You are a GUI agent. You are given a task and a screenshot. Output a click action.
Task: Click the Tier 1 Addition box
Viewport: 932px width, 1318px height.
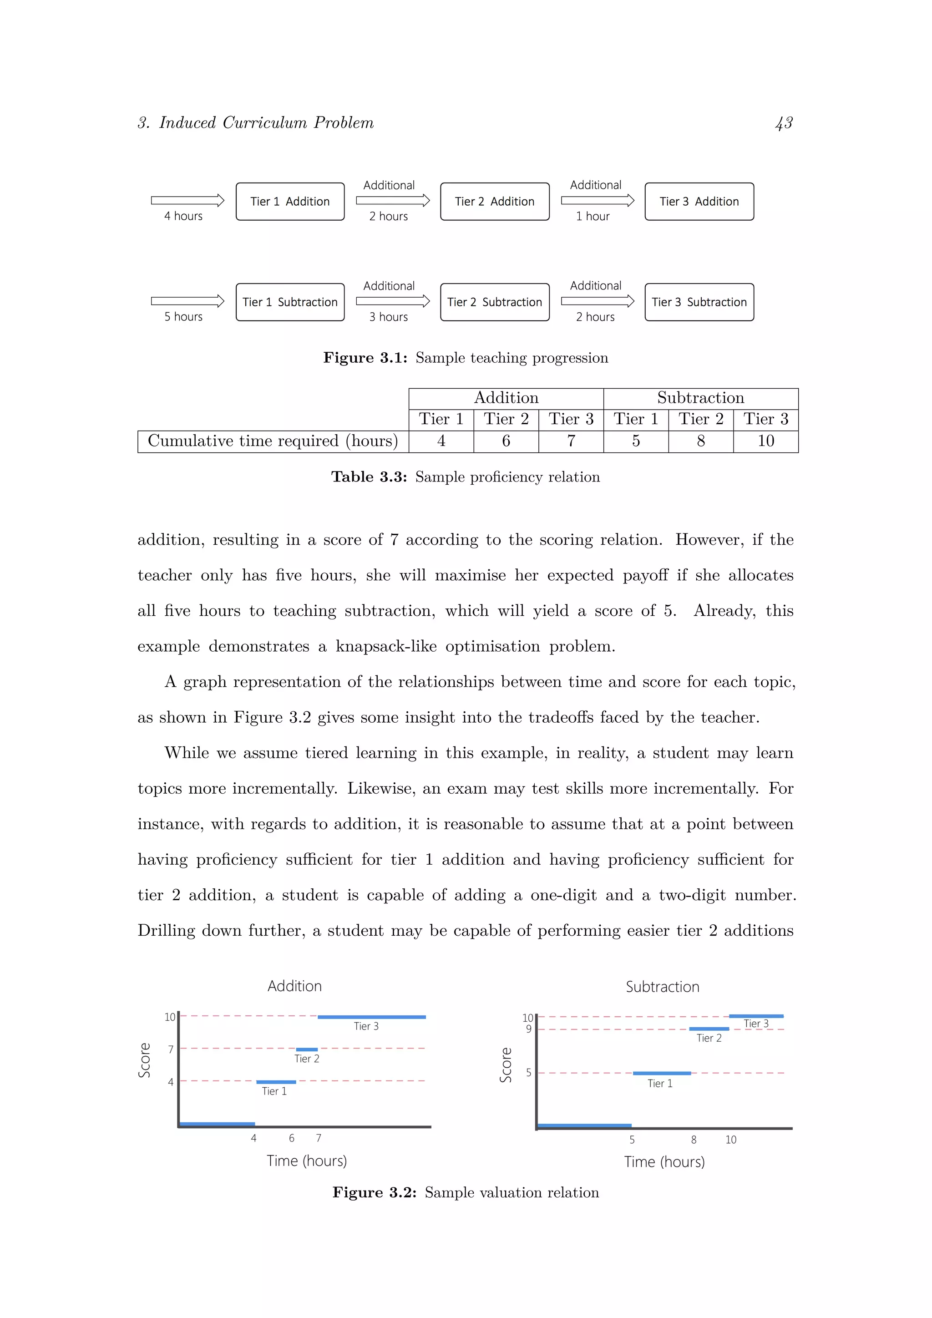290,202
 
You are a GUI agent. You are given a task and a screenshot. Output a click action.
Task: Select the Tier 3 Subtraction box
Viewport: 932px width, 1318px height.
699,302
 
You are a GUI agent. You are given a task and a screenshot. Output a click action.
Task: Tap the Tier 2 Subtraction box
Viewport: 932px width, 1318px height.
494,302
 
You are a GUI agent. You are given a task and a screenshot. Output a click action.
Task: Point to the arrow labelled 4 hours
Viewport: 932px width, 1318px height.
187,200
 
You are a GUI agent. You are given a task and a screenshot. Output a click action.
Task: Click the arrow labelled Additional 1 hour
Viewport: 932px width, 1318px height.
597,200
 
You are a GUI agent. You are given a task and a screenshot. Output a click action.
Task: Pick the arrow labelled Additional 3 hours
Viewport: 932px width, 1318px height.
393,301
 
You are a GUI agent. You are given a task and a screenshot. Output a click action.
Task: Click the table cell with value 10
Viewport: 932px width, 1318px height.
765,441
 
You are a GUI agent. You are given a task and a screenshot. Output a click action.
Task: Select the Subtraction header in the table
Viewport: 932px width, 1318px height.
700,398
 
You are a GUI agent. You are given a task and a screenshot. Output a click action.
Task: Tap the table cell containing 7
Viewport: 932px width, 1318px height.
571,441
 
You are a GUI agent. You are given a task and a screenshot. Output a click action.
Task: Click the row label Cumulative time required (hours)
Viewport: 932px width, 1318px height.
273,441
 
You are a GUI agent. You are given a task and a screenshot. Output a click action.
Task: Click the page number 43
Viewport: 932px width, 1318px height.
783,123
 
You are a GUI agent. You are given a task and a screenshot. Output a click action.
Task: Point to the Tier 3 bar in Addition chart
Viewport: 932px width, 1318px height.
371,1017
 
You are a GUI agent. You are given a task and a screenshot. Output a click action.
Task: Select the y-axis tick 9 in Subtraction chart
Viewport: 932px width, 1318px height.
528,1029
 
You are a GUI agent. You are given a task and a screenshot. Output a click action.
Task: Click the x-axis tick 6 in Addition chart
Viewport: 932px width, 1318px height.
292,1138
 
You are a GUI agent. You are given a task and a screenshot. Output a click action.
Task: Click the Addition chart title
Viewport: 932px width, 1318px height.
294,986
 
